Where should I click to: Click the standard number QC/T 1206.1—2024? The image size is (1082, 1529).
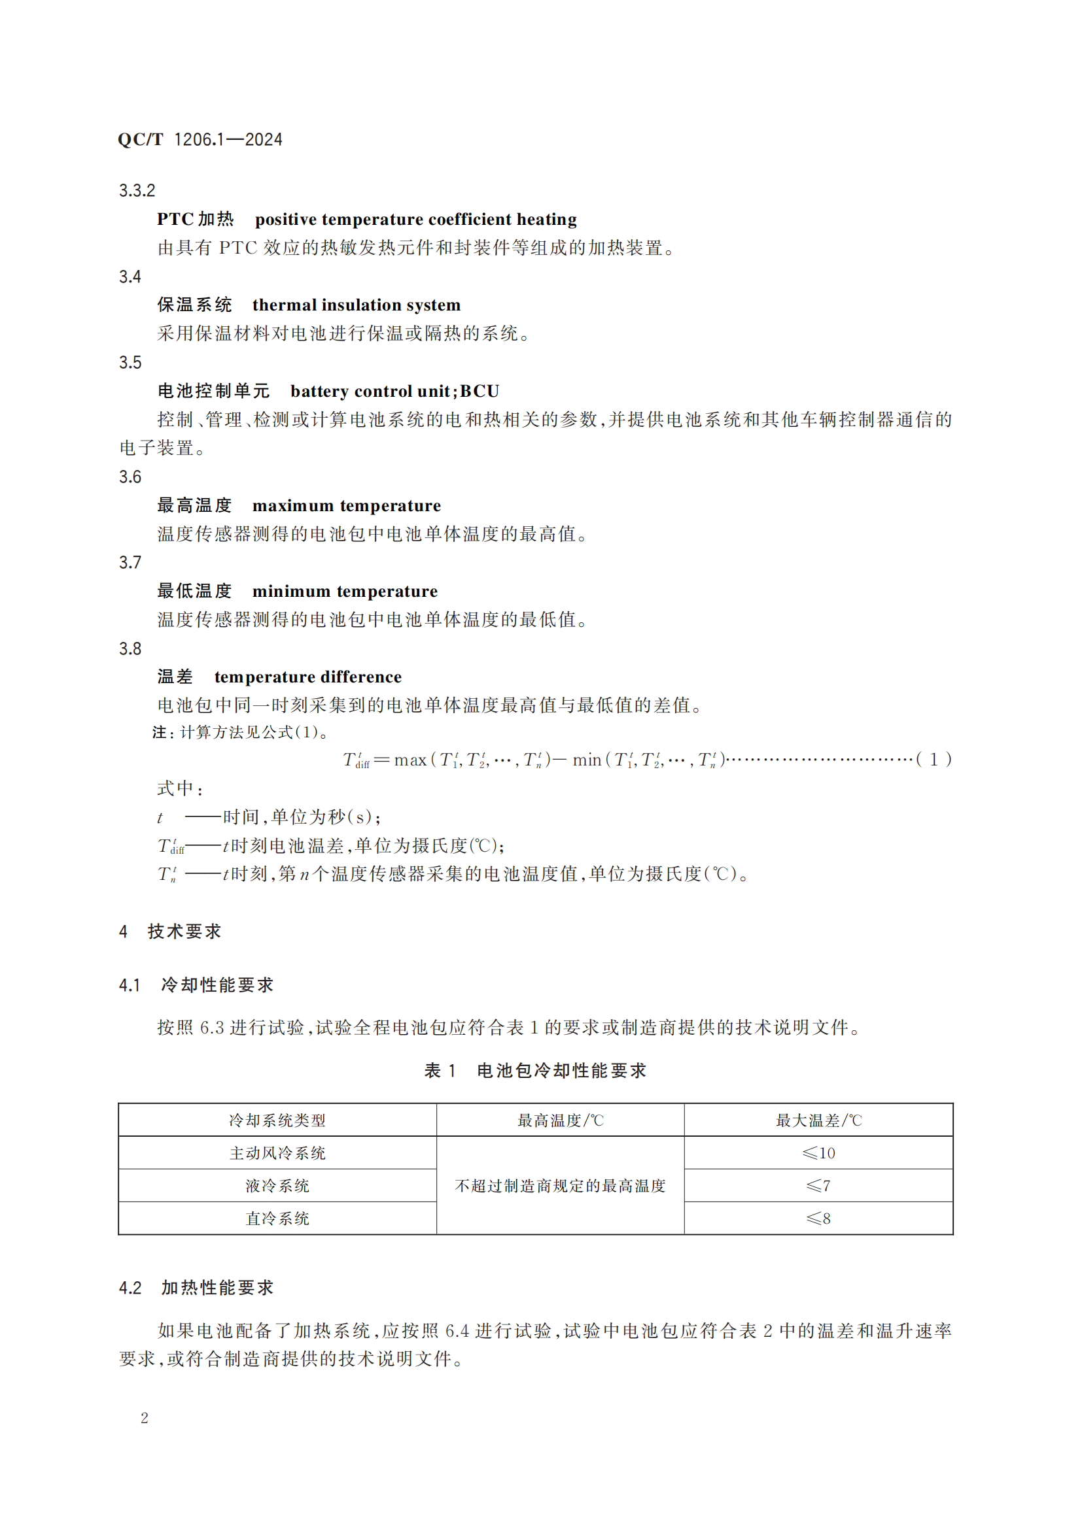coord(200,139)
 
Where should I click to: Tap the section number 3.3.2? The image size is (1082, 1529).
coord(137,190)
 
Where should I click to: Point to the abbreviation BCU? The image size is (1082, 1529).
coord(479,391)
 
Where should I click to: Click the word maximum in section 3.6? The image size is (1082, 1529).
coord(292,505)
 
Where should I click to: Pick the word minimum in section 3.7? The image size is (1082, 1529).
coord(291,592)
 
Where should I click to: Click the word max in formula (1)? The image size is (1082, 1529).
coord(410,760)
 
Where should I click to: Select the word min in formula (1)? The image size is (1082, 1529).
coord(586,760)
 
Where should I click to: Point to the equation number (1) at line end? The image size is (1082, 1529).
coord(934,760)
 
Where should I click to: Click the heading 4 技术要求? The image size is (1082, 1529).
coord(170,931)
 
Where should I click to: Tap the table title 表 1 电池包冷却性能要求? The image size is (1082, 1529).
coord(535,1071)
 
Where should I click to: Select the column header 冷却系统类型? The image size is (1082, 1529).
coord(277,1120)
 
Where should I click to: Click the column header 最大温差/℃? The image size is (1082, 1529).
coord(818,1120)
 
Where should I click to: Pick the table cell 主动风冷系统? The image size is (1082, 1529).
coord(277,1152)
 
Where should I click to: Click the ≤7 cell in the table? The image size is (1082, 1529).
coord(818,1185)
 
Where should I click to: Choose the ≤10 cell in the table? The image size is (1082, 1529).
coord(818,1152)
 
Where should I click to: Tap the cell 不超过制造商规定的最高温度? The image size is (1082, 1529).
coord(560,1185)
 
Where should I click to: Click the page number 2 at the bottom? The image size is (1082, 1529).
coord(145,1418)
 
